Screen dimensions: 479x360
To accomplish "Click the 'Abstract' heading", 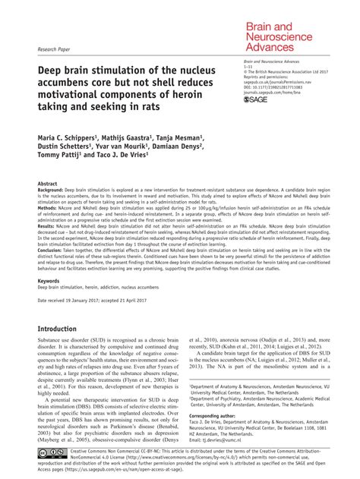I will (48, 184).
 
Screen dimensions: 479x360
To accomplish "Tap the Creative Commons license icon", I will (55, 454).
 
